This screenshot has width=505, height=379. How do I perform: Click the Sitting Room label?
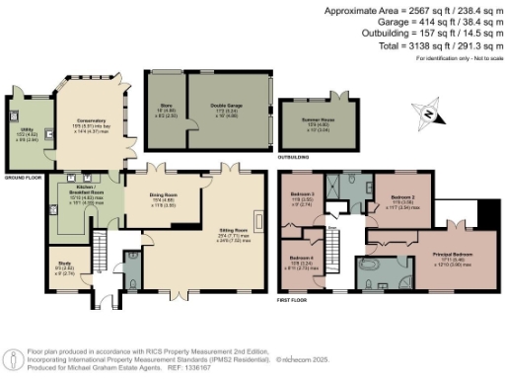(x=233, y=234)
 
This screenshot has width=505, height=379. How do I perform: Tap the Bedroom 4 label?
(x=302, y=258)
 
